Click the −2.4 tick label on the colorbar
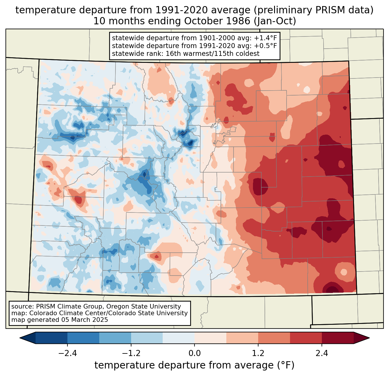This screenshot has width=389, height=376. (x=67, y=353)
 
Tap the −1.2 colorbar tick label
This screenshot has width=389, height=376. (x=131, y=353)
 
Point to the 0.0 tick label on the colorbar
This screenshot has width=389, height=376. (x=195, y=353)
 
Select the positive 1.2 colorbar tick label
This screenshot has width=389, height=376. (x=258, y=353)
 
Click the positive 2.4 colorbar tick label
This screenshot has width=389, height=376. (x=322, y=353)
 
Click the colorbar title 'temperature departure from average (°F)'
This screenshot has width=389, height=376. (x=195, y=365)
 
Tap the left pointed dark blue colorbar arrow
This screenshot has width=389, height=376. (x=27, y=338)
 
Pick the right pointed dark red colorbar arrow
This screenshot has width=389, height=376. (x=362, y=338)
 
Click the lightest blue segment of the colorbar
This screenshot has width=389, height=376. (x=179, y=338)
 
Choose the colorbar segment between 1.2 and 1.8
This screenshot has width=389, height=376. (x=274, y=338)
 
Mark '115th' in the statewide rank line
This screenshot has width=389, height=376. (x=219, y=54)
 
